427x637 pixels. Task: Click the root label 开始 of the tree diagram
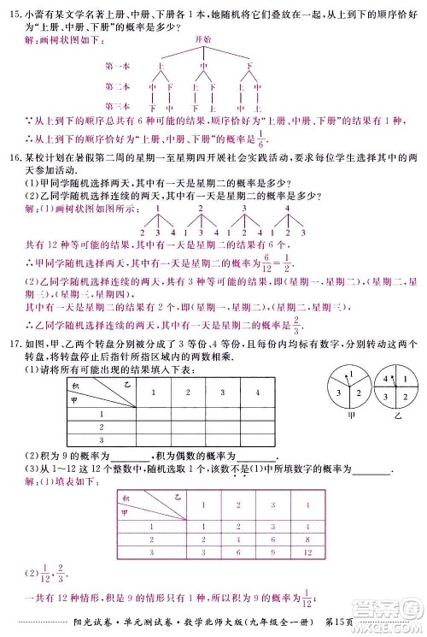point(202,40)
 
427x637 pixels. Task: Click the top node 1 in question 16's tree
point(157,208)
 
